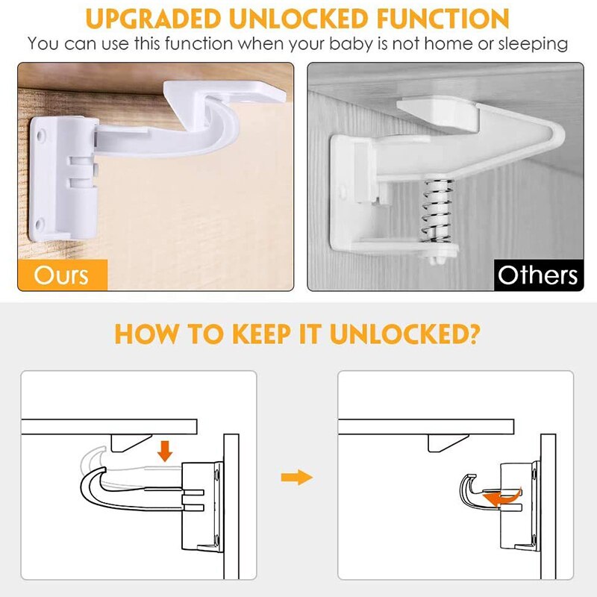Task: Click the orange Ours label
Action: pos(63,275)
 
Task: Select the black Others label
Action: pos(537,275)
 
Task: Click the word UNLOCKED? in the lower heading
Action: pos(406,333)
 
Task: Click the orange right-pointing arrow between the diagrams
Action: pos(296,477)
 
